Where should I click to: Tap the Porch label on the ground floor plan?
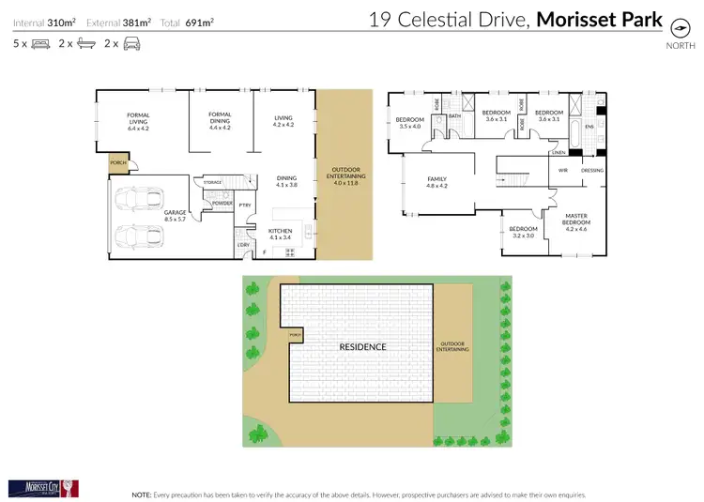point(118,162)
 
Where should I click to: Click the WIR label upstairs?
point(563,170)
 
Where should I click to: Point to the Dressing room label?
point(592,170)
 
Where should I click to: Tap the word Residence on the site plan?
point(362,346)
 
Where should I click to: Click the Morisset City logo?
point(43,487)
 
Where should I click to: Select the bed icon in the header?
point(40,43)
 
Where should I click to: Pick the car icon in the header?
point(131,43)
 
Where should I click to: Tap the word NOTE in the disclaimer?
point(143,493)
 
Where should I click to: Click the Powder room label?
point(222,203)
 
